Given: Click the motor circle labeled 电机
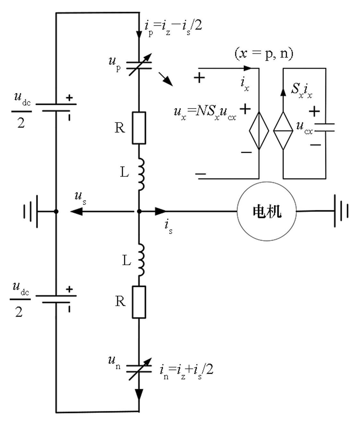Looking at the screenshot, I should [267, 212].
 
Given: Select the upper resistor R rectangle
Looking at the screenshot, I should [139, 128].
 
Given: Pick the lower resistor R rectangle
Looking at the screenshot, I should [139, 302].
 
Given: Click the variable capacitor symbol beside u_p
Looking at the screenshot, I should [139, 64].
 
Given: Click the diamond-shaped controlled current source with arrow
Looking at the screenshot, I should [283, 131].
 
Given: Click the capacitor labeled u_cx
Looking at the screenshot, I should [325, 127].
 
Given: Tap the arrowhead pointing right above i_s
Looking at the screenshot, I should [161, 211].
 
